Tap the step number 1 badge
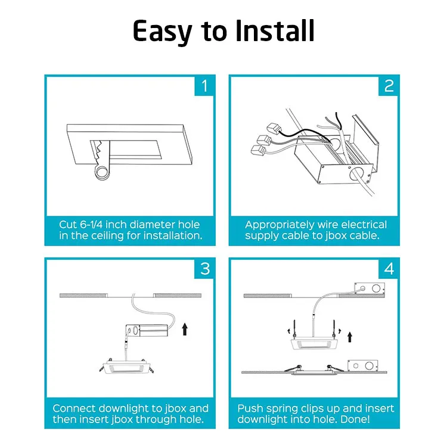(x=204, y=86)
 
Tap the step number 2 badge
(x=389, y=86)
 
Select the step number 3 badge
(x=204, y=269)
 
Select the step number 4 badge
(x=389, y=269)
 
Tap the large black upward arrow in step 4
(x=350, y=337)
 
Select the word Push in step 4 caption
(x=251, y=408)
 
